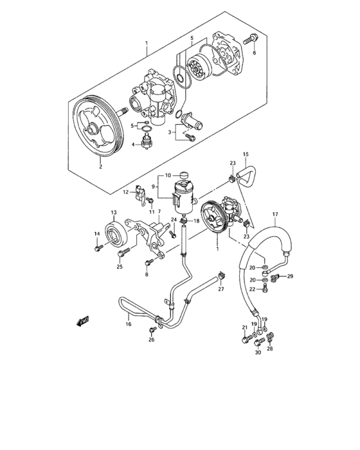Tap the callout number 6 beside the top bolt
[x=254, y=53]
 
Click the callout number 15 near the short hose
[x=244, y=154]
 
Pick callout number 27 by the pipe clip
[x=221, y=290]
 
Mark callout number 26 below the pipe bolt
[x=152, y=340]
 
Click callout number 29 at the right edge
[x=290, y=276]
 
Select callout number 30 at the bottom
[x=258, y=352]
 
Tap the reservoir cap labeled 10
[x=184, y=175]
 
